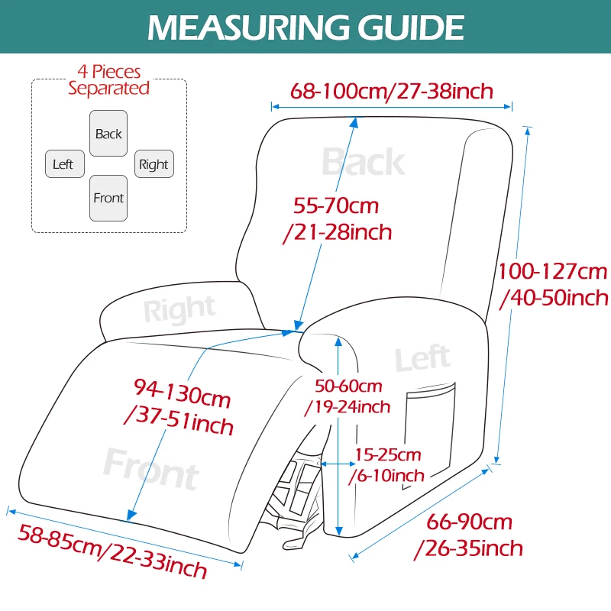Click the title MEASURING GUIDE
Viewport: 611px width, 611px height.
coord(306,27)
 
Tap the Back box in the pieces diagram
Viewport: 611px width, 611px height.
coord(108,133)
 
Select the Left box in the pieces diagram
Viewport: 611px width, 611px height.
coord(65,163)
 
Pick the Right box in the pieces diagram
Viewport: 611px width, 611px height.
coord(154,163)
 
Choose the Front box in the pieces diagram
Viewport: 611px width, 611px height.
coord(108,198)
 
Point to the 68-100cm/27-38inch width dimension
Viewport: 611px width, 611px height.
coord(392,91)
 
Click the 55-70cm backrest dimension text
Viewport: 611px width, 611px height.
coord(338,219)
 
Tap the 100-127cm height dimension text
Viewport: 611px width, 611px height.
coord(553,285)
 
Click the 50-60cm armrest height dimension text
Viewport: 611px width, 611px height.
coord(348,396)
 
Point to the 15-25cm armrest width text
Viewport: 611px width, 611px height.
coord(386,465)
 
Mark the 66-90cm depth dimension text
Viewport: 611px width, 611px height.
coord(469,535)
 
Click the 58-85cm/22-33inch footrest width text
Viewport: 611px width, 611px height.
coord(112,551)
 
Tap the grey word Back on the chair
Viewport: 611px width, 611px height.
coord(364,162)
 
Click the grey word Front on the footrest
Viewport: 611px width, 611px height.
coord(151,469)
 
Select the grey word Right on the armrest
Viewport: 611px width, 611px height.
coord(179,309)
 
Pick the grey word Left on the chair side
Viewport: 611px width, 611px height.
coord(423,358)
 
